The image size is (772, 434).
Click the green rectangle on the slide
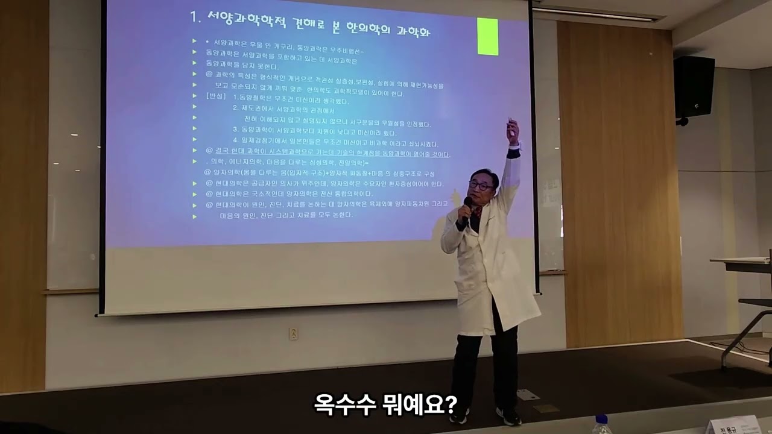[x=487, y=37]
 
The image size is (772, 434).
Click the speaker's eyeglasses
[x=480, y=186]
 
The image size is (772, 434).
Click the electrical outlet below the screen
[x=293, y=333]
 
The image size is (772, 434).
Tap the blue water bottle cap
[x=601, y=419]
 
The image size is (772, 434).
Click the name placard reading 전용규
[x=732, y=427]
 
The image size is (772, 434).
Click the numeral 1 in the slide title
[x=194, y=17]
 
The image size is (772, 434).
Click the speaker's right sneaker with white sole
[x=508, y=415]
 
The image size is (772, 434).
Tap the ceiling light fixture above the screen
[x=594, y=14]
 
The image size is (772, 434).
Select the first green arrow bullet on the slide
[x=194, y=41]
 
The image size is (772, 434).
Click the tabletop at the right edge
[x=739, y=261]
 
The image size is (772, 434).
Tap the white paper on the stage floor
[x=528, y=395]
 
